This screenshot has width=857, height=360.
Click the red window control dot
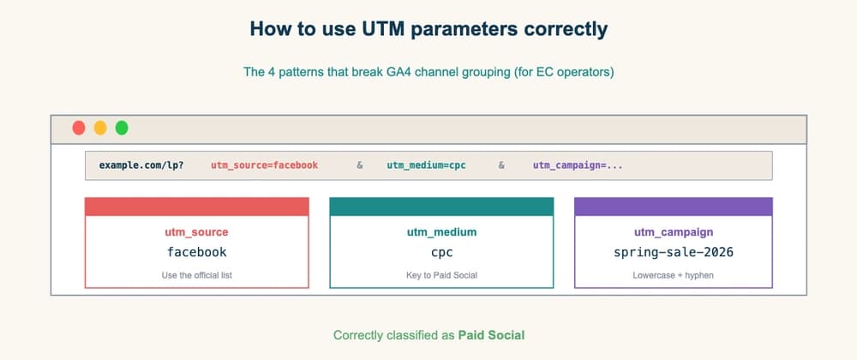(x=79, y=128)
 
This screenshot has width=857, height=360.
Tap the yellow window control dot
(x=100, y=128)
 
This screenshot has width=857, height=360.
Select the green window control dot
(x=122, y=128)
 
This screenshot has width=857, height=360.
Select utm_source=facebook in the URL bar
(x=264, y=165)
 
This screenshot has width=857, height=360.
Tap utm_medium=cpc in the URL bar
(x=426, y=165)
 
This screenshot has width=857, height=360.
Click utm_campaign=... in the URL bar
(x=578, y=165)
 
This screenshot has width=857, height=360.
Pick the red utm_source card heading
(x=196, y=231)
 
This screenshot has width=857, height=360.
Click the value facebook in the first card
(x=196, y=252)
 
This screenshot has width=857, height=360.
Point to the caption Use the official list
(x=196, y=275)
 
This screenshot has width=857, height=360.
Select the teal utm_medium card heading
(x=441, y=231)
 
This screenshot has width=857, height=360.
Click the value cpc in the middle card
(x=441, y=252)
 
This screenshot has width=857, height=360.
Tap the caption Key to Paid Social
(x=441, y=275)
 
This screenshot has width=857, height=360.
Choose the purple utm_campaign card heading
(x=673, y=231)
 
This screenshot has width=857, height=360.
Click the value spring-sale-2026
(x=673, y=252)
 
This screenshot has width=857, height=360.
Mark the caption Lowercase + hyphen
(x=673, y=275)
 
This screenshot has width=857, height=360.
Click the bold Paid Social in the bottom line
(x=491, y=334)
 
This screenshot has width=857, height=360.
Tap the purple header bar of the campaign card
(x=673, y=207)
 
